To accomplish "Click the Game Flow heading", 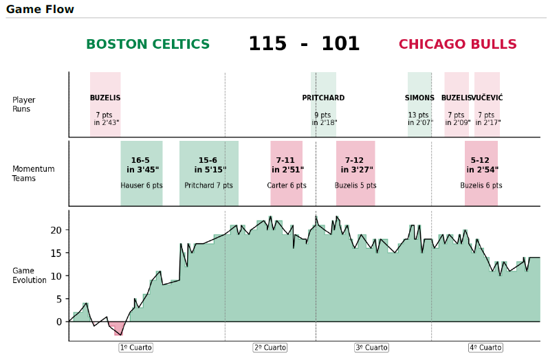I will (40, 10).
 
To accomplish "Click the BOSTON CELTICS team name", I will (148, 45).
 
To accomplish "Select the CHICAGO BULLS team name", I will (457, 45).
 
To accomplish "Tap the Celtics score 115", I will (267, 45).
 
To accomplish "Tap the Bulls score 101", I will (340, 45).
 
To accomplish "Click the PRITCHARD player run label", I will (323, 98).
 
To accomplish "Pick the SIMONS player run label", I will (419, 98).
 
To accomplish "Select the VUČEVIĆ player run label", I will (487, 98).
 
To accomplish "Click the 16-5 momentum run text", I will (140, 160).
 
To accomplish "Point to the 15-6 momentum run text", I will (208, 160).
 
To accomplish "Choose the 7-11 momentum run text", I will (285, 160).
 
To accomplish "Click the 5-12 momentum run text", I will (480, 160).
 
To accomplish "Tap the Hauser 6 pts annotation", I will (142, 185).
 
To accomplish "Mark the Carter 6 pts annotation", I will (287, 185).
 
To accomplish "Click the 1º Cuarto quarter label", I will (135, 348).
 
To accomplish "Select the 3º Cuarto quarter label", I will (371, 348).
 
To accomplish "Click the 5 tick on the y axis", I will (59, 299).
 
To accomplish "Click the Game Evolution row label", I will (29, 275).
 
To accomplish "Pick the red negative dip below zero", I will (120, 328).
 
